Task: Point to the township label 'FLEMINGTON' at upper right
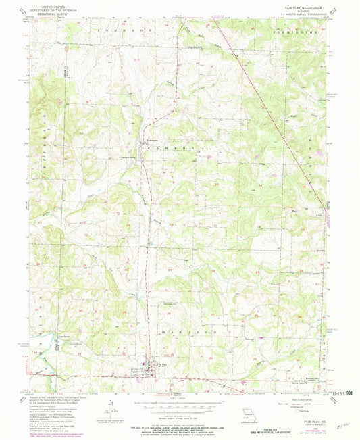click(295, 31)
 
